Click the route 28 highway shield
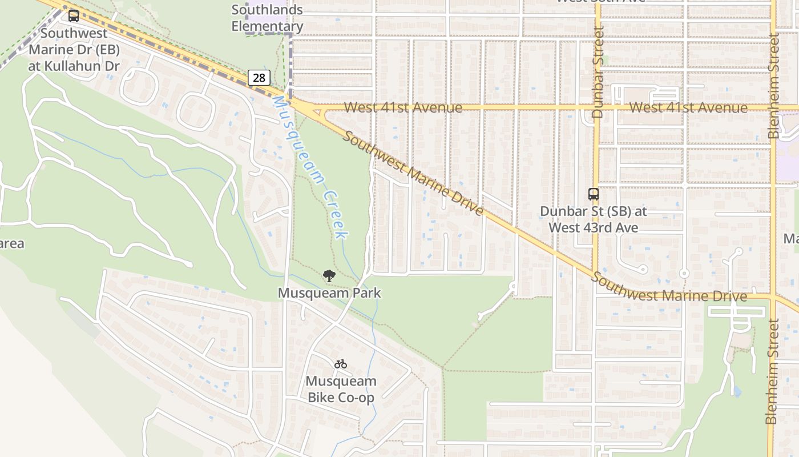point(259,78)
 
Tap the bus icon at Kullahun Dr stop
point(74,16)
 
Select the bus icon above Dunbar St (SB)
point(594,194)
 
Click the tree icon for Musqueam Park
point(329,276)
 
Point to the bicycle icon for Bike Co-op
point(341,364)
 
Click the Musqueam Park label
point(329,293)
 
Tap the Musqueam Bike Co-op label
point(341,389)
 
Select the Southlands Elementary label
point(267,18)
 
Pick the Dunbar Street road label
point(598,72)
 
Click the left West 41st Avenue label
point(403,107)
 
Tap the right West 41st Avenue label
point(688,107)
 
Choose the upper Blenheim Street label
point(773,86)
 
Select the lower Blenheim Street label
point(772,371)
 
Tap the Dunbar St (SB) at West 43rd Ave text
point(594,219)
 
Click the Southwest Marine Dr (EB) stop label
point(74,50)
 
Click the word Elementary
point(267,26)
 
